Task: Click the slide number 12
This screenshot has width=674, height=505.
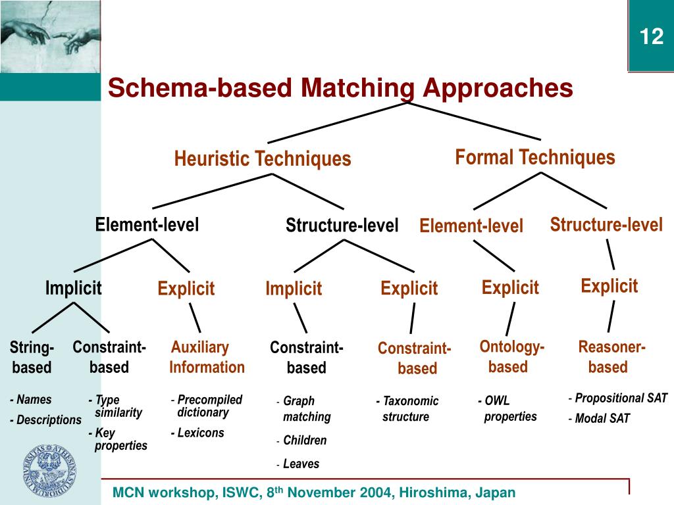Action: [x=652, y=37]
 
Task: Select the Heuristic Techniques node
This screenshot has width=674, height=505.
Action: [x=263, y=159]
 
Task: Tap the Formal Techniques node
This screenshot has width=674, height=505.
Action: [x=535, y=158]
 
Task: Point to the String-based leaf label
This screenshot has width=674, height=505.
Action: [x=32, y=357]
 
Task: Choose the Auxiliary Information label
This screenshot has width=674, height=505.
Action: [x=206, y=357]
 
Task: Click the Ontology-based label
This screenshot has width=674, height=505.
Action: [x=511, y=356]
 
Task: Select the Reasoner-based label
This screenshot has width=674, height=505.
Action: [x=610, y=356]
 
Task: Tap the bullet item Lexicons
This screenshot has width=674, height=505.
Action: [x=200, y=433]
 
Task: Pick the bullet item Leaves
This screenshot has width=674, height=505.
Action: [x=301, y=464]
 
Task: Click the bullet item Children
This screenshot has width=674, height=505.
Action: [x=305, y=441]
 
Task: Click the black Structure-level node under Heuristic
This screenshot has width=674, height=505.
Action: [x=342, y=226]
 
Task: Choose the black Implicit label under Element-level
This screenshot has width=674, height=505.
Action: [x=73, y=287]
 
